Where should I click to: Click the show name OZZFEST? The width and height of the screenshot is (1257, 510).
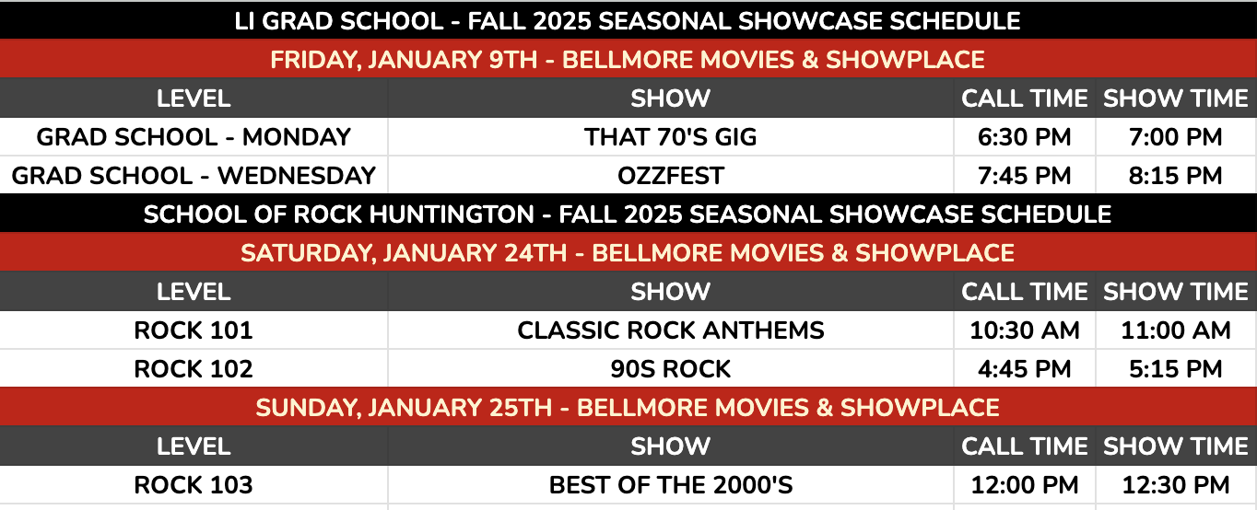pyautogui.click(x=671, y=176)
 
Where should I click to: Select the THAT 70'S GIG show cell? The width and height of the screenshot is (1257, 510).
pyautogui.click(x=671, y=137)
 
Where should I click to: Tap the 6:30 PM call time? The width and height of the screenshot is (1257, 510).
pyautogui.click(x=1024, y=137)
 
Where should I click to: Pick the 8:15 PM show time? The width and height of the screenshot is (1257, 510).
pyautogui.click(x=1175, y=176)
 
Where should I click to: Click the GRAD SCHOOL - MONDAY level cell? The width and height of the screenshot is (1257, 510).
pyautogui.click(x=194, y=137)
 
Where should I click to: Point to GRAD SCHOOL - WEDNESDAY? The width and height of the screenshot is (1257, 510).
pyautogui.click(x=194, y=176)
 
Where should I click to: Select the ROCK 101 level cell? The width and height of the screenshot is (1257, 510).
pyautogui.click(x=194, y=330)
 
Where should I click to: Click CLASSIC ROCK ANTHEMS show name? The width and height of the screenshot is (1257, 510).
pyautogui.click(x=671, y=330)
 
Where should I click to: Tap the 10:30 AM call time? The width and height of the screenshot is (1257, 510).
pyautogui.click(x=1024, y=330)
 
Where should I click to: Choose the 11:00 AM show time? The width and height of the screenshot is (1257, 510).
pyautogui.click(x=1175, y=330)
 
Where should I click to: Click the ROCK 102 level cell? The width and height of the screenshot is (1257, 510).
pyautogui.click(x=194, y=369)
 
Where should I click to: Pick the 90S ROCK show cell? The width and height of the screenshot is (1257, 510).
pyautogui.click(x=671, y=369)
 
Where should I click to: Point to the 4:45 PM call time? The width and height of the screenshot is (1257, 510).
pyautogui.click(x=1024, y=369)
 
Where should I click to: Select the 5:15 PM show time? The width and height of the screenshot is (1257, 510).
pyautogui.click(x=1175, y=369)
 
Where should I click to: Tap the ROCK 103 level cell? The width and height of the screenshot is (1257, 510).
pyautogui.click(x=194, y=485)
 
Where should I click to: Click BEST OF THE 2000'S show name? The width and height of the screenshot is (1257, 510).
pyautogui.click(x=671, y=485)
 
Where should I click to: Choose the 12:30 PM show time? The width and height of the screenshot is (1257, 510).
pyautogui.click(x=1175, y=485)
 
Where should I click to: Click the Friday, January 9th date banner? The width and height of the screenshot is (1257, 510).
pyautogui.click(x=628, y=60)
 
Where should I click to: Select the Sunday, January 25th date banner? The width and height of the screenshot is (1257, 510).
pyautogui.click(x=628, y=408)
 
